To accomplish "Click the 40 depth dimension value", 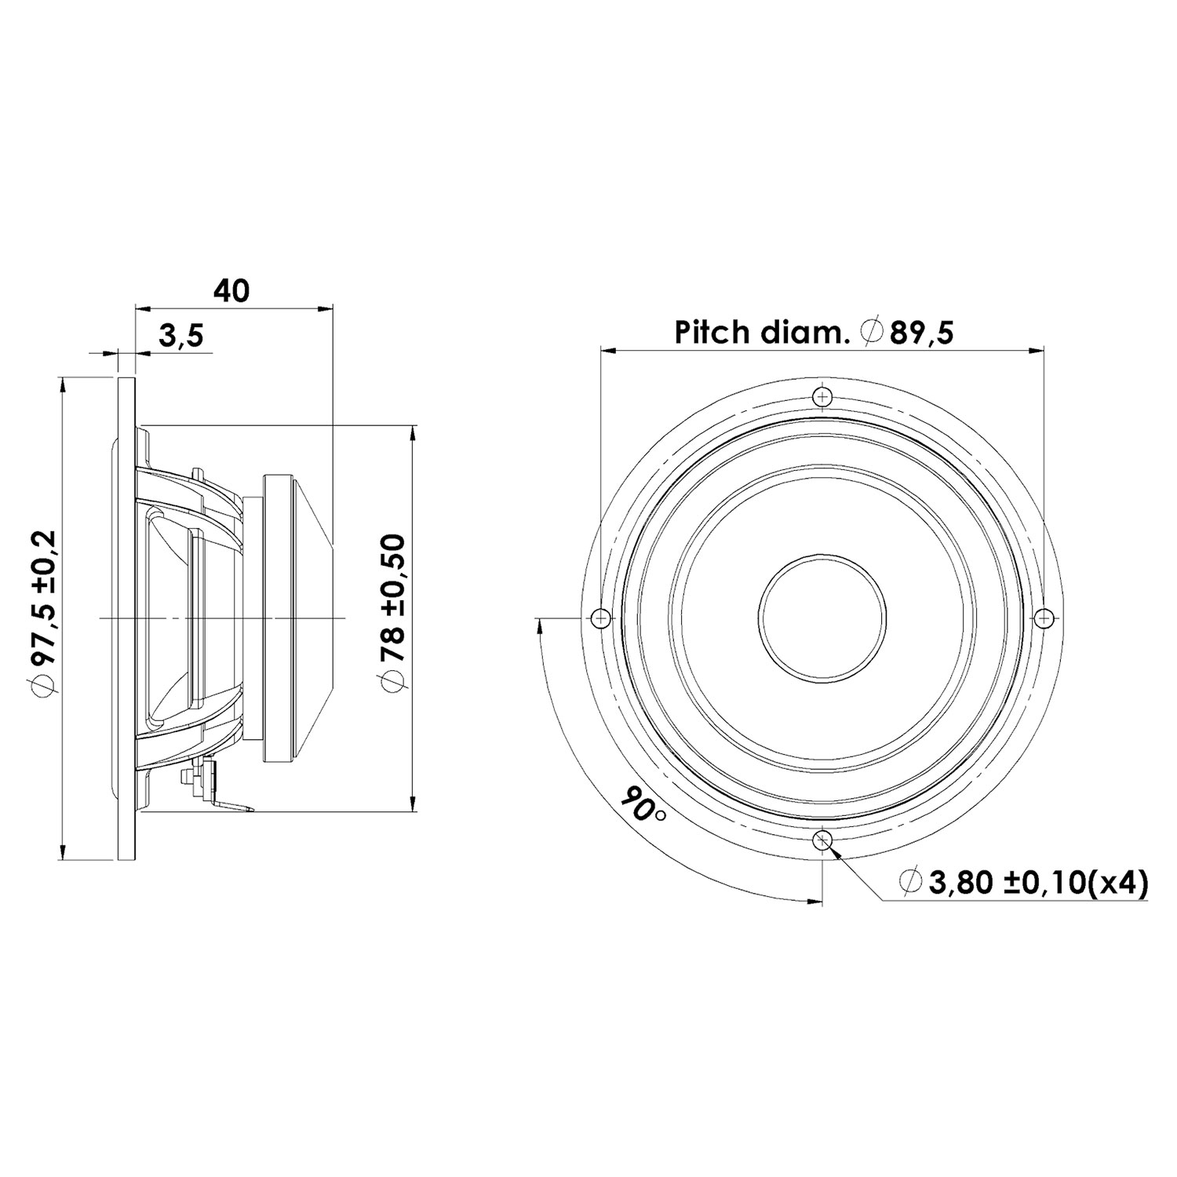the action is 231,291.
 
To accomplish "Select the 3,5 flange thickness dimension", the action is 181,336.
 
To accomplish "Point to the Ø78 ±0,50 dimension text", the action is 392,613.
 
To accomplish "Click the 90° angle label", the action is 641,806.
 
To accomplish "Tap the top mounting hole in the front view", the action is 822,397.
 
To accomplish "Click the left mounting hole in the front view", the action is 600,618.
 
